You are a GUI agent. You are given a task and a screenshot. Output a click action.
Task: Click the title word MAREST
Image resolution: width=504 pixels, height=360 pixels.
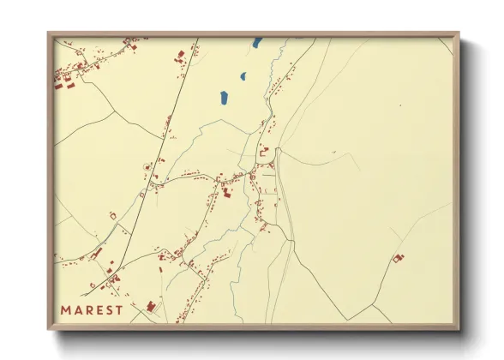(x=92, y=309)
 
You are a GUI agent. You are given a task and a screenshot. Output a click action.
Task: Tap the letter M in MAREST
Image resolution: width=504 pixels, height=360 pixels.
(x=66, y=309)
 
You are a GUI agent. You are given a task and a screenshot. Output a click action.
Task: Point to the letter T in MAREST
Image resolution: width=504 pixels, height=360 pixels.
(x=118, y=309)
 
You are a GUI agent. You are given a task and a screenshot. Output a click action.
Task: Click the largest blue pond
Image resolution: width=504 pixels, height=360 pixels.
(x=224, y=98)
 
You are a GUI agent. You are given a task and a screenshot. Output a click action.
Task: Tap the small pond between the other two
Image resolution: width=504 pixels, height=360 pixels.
(x=243, y=76)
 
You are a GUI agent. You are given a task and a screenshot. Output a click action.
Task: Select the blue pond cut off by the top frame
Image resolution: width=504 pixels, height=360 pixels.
(x=257, y=41)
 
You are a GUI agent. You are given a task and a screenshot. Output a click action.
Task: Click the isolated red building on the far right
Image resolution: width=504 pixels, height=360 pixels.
(x=398, y=257)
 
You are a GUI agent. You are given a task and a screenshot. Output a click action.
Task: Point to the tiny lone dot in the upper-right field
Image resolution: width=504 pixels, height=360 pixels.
(x=399, y=105)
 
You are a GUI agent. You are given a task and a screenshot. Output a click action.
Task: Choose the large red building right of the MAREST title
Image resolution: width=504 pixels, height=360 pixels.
(x=152, y=306)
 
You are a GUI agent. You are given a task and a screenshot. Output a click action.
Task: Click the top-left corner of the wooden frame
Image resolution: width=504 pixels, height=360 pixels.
(x=49, y=34)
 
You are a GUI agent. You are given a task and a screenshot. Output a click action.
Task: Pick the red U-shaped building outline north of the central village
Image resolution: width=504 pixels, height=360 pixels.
(x=264, y=151)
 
